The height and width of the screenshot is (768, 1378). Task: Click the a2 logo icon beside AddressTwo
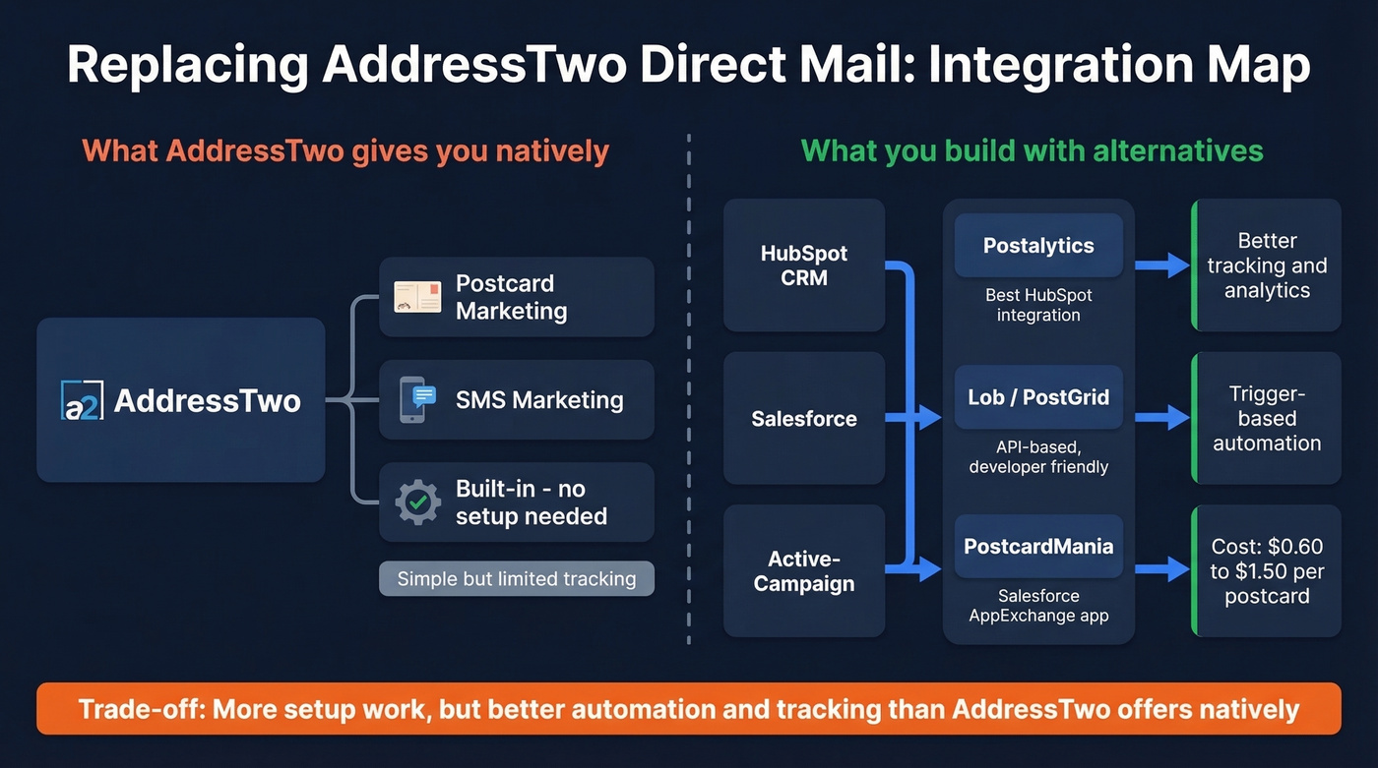82,400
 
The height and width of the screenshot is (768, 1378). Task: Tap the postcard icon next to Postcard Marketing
417,297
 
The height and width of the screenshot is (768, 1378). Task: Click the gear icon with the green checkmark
417,502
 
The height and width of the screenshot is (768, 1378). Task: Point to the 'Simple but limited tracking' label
517,578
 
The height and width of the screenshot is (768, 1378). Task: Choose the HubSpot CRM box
804,266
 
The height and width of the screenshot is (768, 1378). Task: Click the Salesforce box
804,419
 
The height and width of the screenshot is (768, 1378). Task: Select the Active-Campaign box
804,571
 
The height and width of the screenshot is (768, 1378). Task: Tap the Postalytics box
1038,246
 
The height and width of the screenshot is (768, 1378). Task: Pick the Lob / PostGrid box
1038,397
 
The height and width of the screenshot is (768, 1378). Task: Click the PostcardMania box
1038,547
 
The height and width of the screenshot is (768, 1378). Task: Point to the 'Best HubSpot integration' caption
1038,305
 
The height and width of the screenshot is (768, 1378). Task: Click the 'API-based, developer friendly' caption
1038,457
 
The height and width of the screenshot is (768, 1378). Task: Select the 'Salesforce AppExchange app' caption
1038,606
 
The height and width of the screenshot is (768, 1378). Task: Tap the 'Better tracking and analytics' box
1267,266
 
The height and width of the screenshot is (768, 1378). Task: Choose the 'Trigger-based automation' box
1267,419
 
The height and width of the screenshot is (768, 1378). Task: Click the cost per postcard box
1267,571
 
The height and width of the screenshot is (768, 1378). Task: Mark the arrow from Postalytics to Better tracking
1162,265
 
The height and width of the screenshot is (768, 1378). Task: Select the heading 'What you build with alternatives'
1032,150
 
